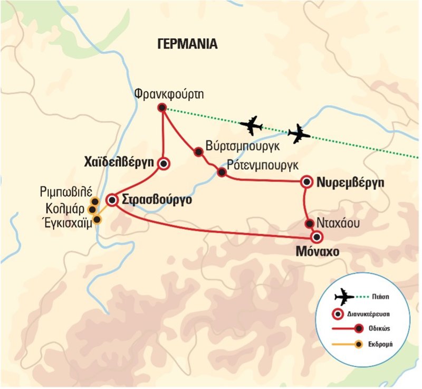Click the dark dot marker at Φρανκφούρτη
(x=162, y=108)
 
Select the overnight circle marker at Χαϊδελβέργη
(x=164, y=164)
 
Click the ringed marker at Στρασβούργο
(x=112, y=200)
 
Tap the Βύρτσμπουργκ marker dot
(x=198, y=152)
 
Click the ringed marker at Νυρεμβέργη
(x=306, y=182)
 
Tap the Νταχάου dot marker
(x=310, y=224)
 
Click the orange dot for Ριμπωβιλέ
(x=94, y=202)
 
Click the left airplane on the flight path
(x=251, y=126)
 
